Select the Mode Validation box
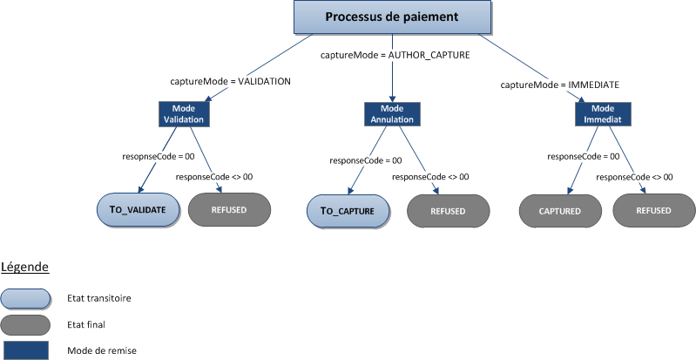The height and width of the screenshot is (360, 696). [184, 113]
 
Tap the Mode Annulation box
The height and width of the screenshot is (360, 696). [391, 113]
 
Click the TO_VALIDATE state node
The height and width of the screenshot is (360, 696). [139, 209]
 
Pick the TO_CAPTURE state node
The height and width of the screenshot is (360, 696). [348, 211]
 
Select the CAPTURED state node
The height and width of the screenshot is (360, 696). [560, 210]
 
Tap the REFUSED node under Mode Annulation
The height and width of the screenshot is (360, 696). [448, 211]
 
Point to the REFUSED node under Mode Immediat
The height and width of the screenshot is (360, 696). [654, 210]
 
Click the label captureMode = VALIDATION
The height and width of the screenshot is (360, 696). [230, 80]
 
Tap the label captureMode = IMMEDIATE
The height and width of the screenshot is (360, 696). [560, 85]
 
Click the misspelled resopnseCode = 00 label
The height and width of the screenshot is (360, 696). [157, 157]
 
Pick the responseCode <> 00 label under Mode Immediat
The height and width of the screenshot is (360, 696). [634, 177]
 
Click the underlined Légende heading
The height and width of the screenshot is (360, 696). [24, 266]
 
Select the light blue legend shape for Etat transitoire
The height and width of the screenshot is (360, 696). [25, 297]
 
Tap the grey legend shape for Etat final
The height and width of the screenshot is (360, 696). [25, 324]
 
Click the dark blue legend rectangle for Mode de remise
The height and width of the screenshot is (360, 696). [25, 350]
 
